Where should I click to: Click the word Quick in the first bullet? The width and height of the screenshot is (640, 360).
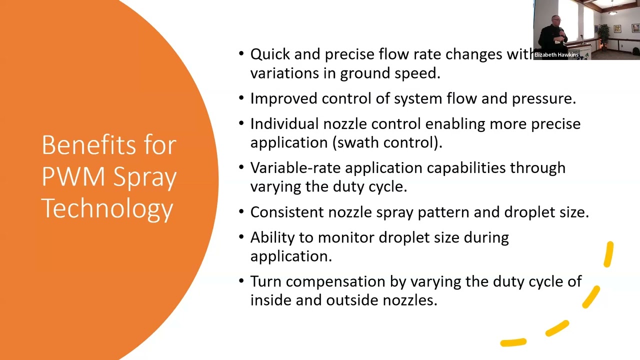(270, 54)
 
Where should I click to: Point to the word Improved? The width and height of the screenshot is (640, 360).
(283, 98)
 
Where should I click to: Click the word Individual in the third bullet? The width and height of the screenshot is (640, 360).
(284, 124)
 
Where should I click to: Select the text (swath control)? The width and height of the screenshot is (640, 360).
(387, 142)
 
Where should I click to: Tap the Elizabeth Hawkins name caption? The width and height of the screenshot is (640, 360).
(556, 55)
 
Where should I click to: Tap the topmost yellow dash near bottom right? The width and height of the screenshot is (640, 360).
(608, 254)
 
